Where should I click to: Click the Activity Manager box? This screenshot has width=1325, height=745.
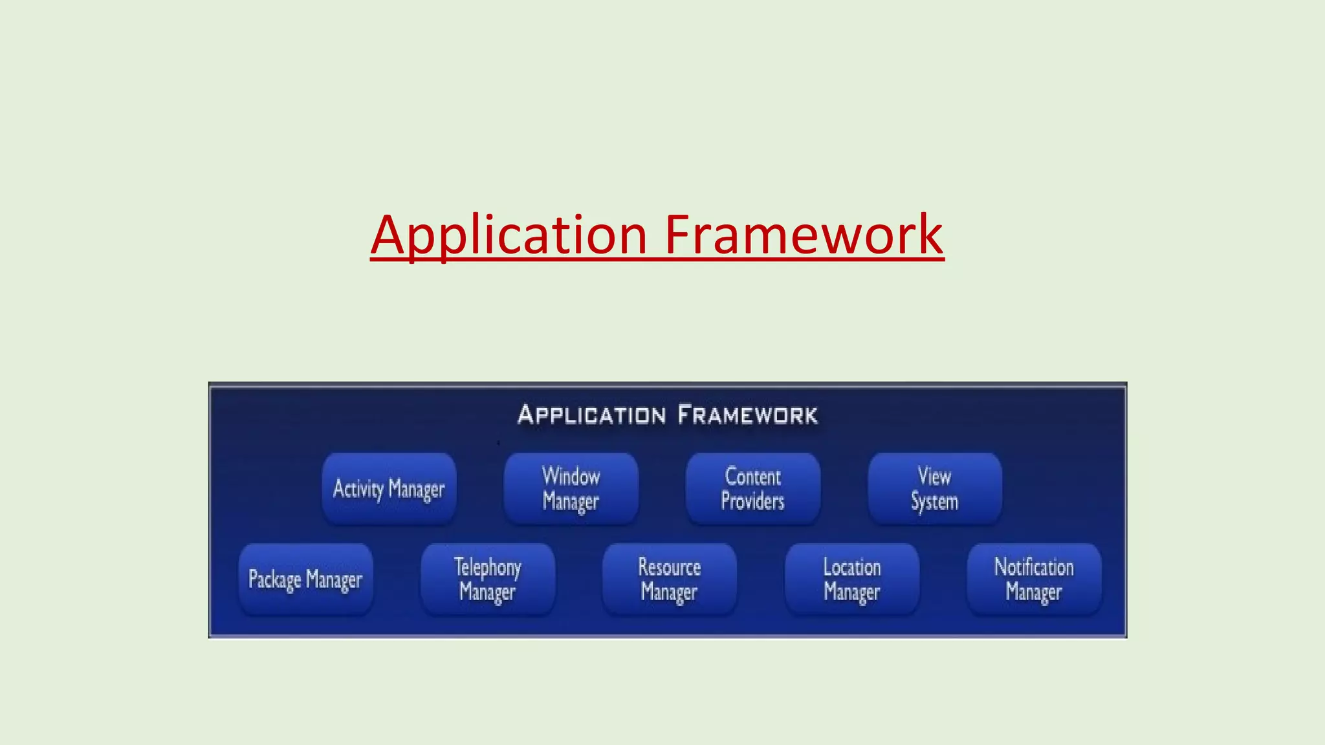point(389,489)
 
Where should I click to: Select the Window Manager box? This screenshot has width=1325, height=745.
point(571,489)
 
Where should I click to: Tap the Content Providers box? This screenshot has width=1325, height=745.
point(753,489)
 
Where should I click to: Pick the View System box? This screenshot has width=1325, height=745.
point(935,489)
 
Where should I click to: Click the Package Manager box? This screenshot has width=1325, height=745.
point(305,579)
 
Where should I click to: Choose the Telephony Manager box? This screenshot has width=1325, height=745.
point(488,579)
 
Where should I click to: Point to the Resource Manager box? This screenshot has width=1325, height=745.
point(670,579)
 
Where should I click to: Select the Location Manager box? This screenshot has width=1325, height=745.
point(852,579)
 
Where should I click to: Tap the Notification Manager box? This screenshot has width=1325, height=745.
point(1034,579)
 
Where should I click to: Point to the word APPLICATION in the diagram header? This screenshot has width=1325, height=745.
point(591,415)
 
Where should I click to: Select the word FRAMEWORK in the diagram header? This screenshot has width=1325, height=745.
point(748,415)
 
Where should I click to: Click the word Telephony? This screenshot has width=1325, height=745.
point(488,568)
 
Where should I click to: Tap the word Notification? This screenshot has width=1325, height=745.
point(1034,567)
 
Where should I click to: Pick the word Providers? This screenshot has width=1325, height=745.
point(752,501)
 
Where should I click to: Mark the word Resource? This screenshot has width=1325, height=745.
point(670,567)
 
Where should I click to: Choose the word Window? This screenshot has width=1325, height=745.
point(571,477)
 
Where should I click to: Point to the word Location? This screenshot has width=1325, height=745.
point(852,567)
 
